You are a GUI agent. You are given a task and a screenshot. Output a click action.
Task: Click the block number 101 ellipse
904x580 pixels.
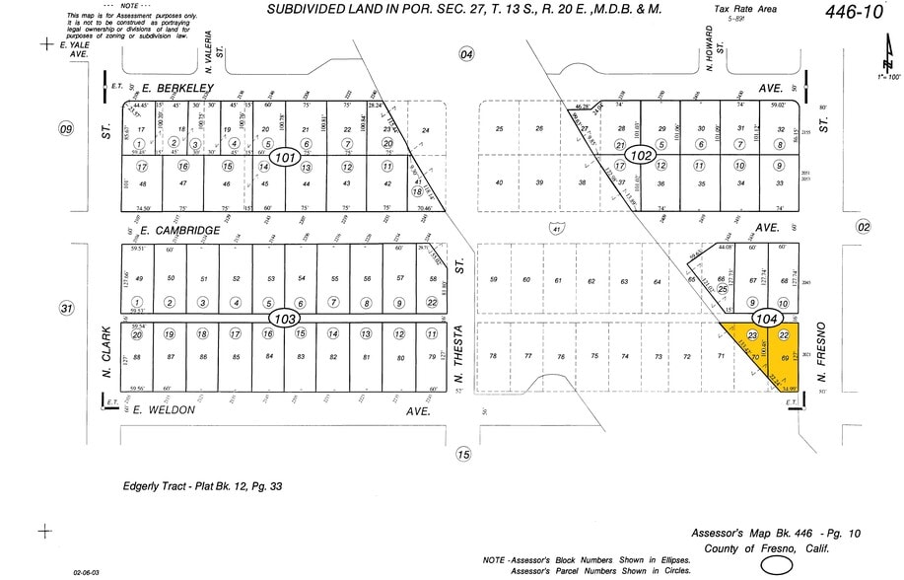[x=286, y=158]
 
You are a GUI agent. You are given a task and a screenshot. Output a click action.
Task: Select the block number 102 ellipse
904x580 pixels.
[x=642, y=156]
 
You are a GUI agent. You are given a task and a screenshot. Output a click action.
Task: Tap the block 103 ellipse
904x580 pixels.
[x=284, y=320]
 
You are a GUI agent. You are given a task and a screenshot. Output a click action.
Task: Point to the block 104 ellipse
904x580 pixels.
[x=767, y=319]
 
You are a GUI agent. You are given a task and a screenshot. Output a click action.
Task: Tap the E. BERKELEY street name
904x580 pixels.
[x=177, y=88]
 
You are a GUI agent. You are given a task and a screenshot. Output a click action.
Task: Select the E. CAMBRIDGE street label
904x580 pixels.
[x=180, y=231]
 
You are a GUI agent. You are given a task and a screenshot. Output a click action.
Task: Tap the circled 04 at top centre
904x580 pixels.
[x=466, y=54]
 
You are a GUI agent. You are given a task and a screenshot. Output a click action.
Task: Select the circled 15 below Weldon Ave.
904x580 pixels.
[x=463, y=455]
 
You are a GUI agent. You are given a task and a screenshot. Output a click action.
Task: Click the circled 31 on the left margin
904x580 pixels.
[x=66, y=309]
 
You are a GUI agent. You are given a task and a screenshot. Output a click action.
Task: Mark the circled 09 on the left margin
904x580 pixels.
[x=66, y=129]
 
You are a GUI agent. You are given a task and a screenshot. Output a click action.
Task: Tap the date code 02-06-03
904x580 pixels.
[x=86, y=571]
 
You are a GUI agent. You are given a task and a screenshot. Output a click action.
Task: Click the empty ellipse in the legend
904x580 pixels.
[x=776, y=565]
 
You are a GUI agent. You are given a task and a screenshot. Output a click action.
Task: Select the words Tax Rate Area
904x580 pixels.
[x=745, y=8]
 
